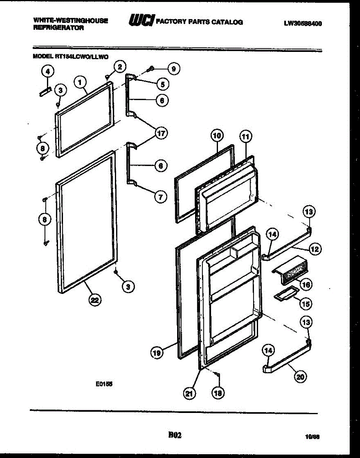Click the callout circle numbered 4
(47, 71)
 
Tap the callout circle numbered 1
(80, 81)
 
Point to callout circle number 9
(174, 69)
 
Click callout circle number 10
(217, 135)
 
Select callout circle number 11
(245, 136)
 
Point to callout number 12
(315, 250)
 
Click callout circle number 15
(305, 304)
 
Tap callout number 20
(300, 377)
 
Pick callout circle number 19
(157, 353)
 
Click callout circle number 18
(218, 393)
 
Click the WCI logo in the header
(141, 21)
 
